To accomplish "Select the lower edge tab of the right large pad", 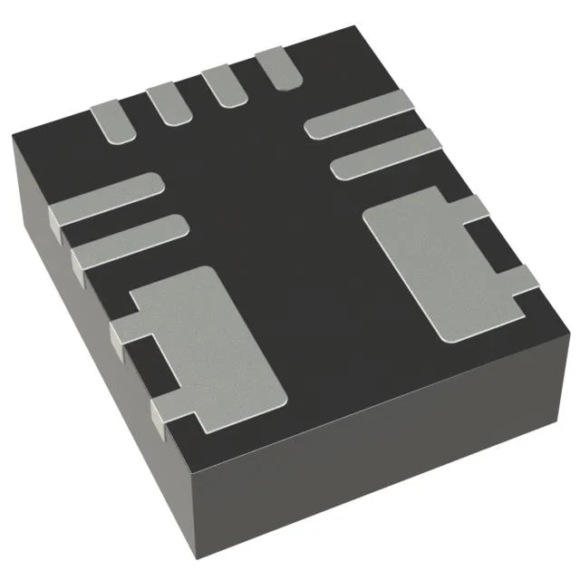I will coord(524,280).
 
